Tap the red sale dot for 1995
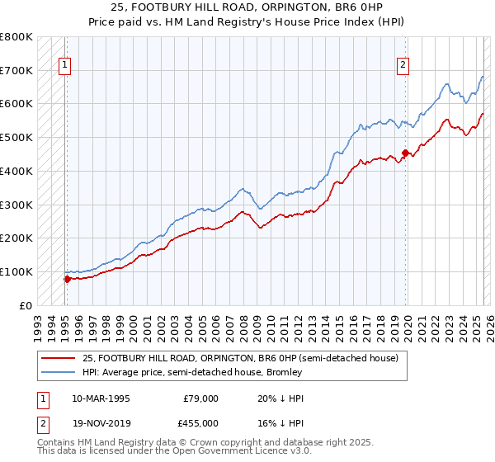tap(67, 279)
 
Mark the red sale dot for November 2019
tap(405, 153)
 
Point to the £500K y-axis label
tap(16, 138)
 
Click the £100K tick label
tap(16, 271)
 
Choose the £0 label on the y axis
tap(25, 305)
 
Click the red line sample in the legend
tap(58, 358)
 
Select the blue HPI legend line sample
tap(58, 372)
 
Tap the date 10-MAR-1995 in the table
tap(101, 398)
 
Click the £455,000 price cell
tap(200, 423)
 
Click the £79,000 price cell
tap(200, 398)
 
